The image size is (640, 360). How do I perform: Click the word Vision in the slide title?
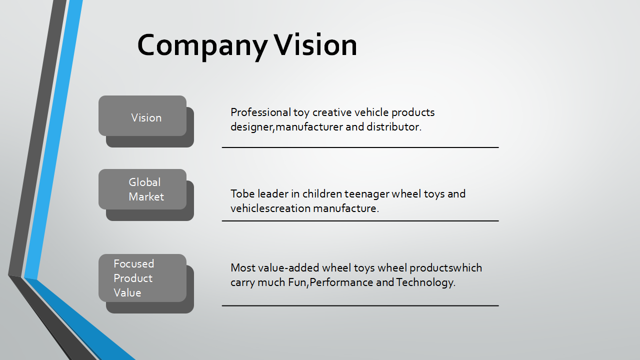pyautogui.click(x=315, y=44)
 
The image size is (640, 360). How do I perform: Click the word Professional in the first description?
pyautogui.click(x=260, y=112)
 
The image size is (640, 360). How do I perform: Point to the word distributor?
pyautogui.click(x=394, y=127)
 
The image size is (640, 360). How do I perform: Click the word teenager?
pyautogui.click(x=366, y=194)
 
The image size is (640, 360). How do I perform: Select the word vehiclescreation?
pyautogui.click(x=270, y=208)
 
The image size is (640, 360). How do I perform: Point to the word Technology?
pyautogui.click(x=425, y=282)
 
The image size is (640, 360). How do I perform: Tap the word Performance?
pyautogui.click(x=341, y=282)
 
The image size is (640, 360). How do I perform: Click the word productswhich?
pyautogui.click(x=445, y=268)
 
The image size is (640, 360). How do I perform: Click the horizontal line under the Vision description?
pyautogui.click(x=360, y=147)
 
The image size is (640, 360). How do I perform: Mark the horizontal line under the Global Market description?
pyautogui.click(x=360, y=221)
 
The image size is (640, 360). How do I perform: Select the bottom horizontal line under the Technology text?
pyautogui.click(x=360, y=305)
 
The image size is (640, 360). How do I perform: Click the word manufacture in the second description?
pyautogui.click(x=346, y=208)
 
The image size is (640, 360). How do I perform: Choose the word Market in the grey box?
pyautogui.click(x=146, y=196)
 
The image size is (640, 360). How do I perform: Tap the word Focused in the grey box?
pyautogui.click(x=133, y=263)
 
